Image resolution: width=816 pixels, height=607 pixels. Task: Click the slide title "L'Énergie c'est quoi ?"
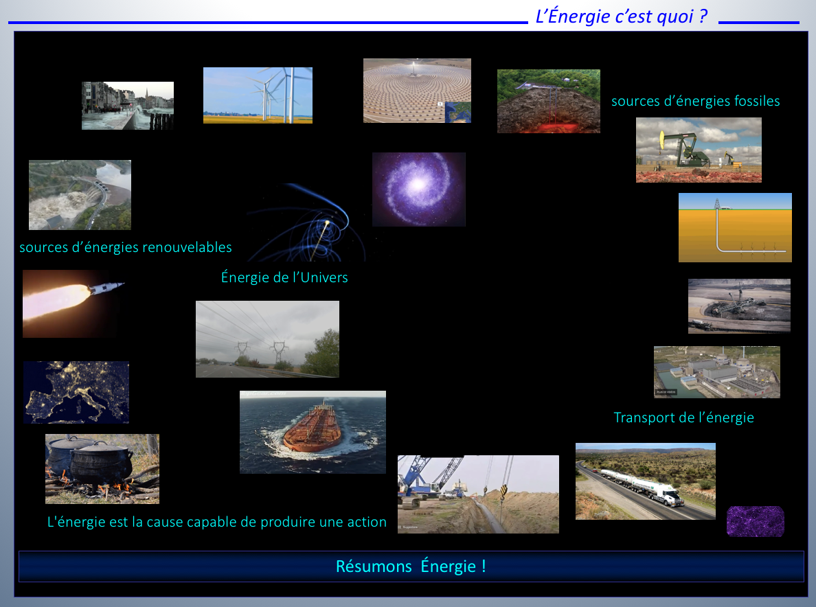click(622, 16)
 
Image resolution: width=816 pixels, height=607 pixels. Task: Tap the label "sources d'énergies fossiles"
click(695, 101)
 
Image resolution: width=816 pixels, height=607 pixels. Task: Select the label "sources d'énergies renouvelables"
click(126, 247)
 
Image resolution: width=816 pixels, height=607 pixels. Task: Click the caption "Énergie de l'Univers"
click(284, 277)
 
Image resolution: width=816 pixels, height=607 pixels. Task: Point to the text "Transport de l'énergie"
click(684, 417)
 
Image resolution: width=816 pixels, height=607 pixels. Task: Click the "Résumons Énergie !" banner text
click(411, 566)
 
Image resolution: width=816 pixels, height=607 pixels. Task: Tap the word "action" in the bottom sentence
click(367, 522)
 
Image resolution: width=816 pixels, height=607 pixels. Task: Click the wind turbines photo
click(258, 95)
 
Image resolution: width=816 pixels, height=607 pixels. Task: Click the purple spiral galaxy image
click(419, 190)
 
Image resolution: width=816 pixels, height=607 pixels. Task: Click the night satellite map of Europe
click(76, 392)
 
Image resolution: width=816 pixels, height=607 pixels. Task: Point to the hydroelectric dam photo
click(80, 195)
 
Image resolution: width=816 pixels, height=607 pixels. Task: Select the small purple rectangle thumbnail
click(755, 521)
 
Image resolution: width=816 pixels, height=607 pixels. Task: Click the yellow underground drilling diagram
click(735, 227)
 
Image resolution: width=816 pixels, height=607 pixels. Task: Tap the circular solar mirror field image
click(417, 91)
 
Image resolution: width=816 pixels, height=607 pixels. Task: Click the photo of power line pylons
click(267, 339)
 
